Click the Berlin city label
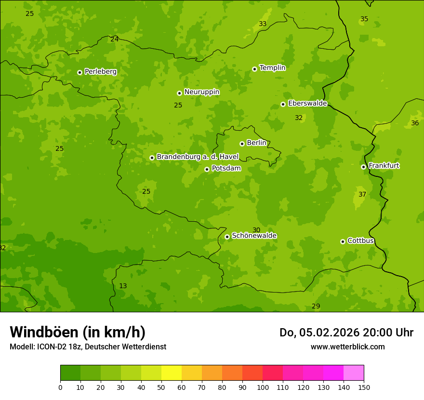coord(256,143)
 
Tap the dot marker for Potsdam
coord(207,169)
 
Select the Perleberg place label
coord(100,72)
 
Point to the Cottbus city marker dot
coord(343,241)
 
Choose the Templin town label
coord(272,68)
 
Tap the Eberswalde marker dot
coord(283,104)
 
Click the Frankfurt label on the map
coord(384,166)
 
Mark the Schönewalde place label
coord(254,236)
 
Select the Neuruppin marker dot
coord(179,93)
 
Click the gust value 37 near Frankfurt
coord(362,195)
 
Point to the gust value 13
coord(123,286)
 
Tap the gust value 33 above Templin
coord(263,24)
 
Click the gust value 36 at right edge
coord(415,123)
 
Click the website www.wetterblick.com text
coord(347,347)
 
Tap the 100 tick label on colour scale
coord(263,387)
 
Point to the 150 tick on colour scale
coord(364,387)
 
